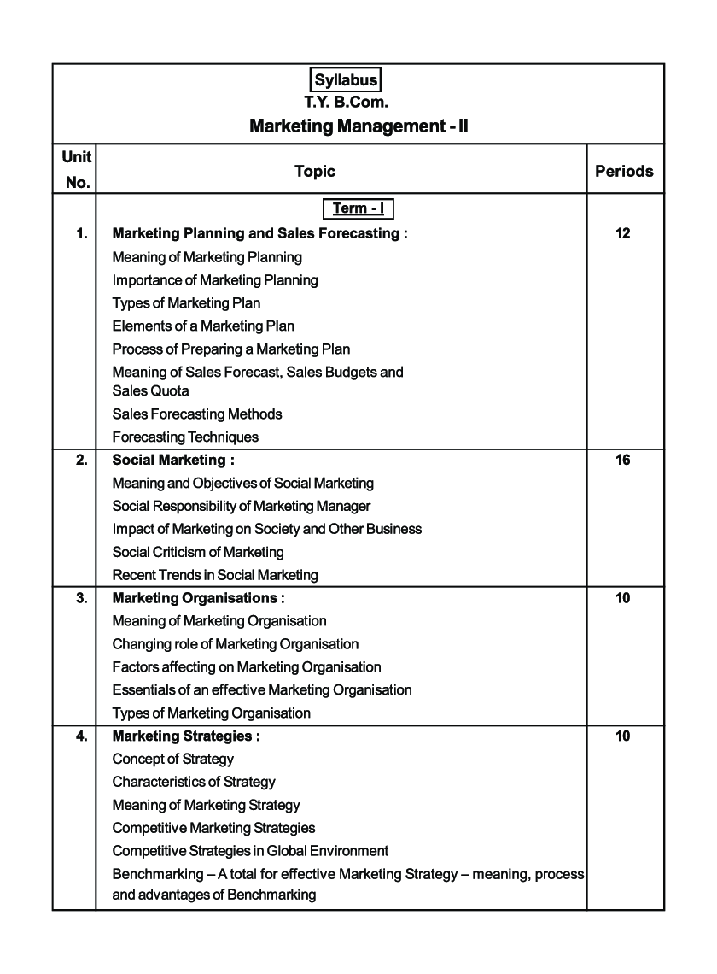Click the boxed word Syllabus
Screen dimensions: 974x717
point(346,80)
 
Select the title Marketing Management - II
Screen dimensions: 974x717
point(359,126)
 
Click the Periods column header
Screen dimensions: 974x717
point(624,171)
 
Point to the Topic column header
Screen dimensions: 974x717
point(315,171)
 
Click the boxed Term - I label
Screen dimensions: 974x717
point(357,208)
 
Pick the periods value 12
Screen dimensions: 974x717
point(622,233)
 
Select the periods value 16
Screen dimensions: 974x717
point(622,460)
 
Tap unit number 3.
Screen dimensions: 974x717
point(82,598)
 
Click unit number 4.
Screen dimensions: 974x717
point(82,736)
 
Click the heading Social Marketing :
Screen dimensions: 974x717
point(173,460)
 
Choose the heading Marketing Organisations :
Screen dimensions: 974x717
point(199,598)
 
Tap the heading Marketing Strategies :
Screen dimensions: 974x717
point(186,736)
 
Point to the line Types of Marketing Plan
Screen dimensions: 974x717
point(186,302)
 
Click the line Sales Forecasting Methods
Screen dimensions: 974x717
point(197,414)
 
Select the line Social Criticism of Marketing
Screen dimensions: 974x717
point(198,552)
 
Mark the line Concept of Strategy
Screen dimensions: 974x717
point(172,759)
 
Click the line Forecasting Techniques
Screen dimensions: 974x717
point(185,437)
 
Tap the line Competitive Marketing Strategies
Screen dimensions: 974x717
point(213,827)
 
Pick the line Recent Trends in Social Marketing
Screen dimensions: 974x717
point(215,575)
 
